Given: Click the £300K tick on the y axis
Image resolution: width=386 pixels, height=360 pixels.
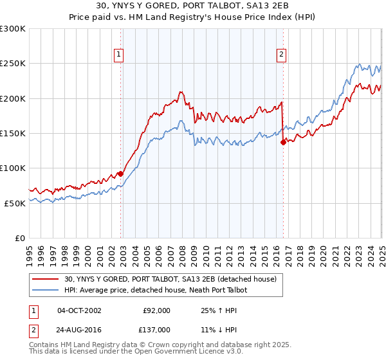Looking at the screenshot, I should tap(13, 29).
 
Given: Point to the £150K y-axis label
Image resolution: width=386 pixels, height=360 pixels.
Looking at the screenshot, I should tap(13, 133).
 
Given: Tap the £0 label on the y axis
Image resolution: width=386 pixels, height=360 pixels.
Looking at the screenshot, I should tap(21, 238).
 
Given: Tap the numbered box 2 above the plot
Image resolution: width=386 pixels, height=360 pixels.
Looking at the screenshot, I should tap(282, 55).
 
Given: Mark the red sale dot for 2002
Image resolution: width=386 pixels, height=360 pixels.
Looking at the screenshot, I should tap(120, 174).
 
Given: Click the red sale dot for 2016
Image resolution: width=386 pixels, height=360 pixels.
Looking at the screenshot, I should tap(283, 143).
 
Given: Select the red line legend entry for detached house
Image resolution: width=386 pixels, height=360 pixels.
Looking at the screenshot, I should tap(170, 279).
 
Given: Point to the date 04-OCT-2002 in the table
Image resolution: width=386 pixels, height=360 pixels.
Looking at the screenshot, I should tap(80, 310).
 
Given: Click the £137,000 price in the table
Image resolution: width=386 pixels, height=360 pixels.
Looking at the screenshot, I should tap(156, 329).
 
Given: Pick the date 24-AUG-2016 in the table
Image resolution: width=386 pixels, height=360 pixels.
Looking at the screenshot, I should tap(80, 329).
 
